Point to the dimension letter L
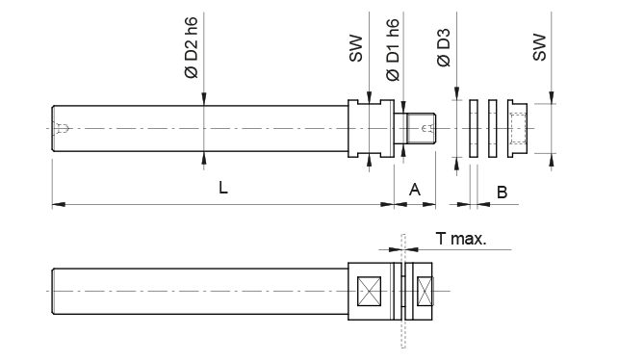click(222, 190)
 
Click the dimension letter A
click(415, 190)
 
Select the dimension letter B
click(501, 193)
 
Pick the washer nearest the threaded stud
click(474, 127)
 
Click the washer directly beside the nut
click(493, 127)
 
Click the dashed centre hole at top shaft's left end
click(63, 128)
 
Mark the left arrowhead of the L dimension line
click(57, 204)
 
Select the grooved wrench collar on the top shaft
click(369, 127)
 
